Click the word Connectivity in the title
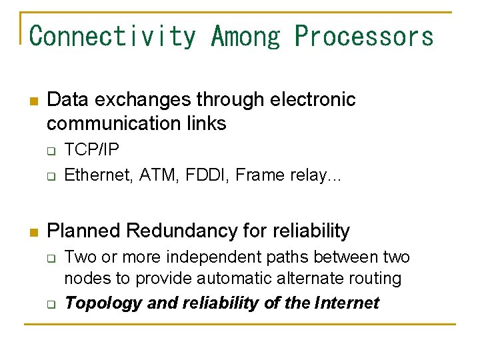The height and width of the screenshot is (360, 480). [113, 35]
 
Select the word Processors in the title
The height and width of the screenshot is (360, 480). [364, 35]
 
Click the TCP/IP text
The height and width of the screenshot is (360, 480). [91, 149]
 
